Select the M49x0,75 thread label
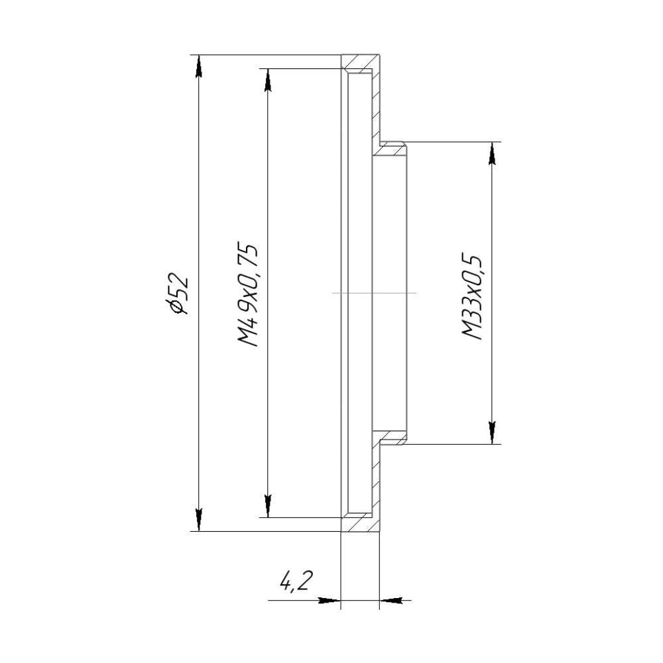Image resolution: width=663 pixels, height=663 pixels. pyautogui.click(x=247, y=294)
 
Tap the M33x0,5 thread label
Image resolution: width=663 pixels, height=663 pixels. pyautogui.click(x=472, y=297)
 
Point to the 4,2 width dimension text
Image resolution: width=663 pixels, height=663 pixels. pyautogui.click(x=296, y=581)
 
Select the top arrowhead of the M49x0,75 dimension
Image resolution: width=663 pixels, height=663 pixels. pyautogui.click(x=267, y=80)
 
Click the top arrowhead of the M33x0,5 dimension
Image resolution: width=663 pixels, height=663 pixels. pyautogui.click(x=492, y=154)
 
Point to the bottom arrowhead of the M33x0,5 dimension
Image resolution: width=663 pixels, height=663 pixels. pyautogui.click(x=492, y=432)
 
